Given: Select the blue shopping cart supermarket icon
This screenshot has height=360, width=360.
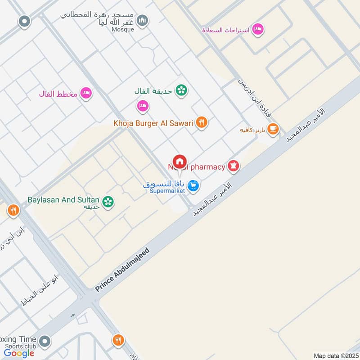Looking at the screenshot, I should tap(193, 185).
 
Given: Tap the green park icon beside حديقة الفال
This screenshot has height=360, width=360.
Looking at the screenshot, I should tap(181, 90).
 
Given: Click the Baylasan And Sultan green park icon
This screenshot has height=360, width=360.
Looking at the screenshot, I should tap(108, 202).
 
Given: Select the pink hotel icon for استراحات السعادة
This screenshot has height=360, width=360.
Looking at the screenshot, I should tap(258, 29).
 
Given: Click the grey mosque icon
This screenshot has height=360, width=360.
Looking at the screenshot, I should tap(143, 21).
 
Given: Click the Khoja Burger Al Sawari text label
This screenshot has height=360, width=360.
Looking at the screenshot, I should tap(153, 123).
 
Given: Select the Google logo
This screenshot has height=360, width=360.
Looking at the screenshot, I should tap(19, 353).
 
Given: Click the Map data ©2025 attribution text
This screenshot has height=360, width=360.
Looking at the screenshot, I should tap(336, 356).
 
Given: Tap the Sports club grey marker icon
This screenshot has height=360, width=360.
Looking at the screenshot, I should tap(44, 342).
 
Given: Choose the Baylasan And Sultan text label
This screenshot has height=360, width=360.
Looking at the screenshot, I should tap(64, 200).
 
